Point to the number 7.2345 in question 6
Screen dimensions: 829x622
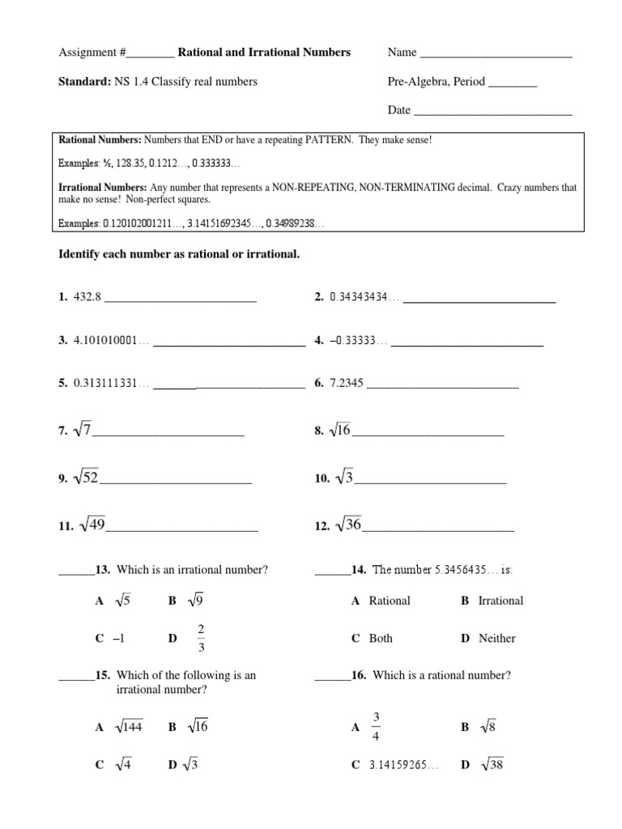click(x=347, y=384)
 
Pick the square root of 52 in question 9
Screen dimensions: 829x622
click(x=85, y=478)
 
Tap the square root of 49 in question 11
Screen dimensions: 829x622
click(x=92, y=526)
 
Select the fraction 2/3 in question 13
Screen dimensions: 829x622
click(x=200, y=637)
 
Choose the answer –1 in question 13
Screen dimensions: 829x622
click(x=119, y=639)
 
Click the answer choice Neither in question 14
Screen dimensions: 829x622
click(x=496, y=639)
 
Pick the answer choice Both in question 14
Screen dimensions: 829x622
click(x=381, y=639)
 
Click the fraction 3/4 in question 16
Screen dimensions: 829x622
click(x=376, y=726)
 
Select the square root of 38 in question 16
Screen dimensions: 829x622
click(x=492, y=764)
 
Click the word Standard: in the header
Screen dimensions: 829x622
click(x=80, y=82)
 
